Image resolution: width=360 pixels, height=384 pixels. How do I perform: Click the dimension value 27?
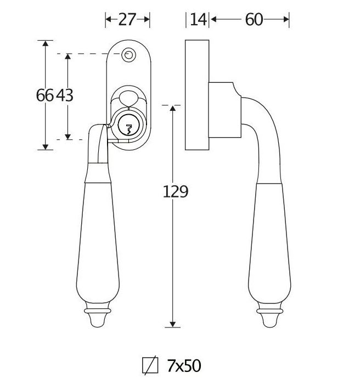[127, 19]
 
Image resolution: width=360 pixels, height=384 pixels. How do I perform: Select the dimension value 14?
[198, 19]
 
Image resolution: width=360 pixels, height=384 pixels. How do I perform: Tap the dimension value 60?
[254, 19]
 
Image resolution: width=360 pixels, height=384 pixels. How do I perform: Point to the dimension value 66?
[44, 95]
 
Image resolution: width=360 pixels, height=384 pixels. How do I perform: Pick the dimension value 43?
[64, 95]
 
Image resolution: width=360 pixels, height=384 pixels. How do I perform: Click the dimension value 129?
[176, 191]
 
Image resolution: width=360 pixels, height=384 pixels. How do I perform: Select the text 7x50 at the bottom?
[184, 366]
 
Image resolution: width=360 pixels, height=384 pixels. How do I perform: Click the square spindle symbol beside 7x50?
[150, 365]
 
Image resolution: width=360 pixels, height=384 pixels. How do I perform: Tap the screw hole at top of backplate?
[128, 55]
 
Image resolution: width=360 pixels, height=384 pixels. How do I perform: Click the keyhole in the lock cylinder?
[128, 129]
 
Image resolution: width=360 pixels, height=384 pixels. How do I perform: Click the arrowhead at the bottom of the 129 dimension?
[173, 324]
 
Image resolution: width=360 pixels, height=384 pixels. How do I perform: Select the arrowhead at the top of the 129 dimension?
[173, 109]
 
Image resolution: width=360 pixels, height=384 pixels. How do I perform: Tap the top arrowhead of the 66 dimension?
[46, 43]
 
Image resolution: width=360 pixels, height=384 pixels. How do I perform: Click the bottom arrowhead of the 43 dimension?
[68, 137]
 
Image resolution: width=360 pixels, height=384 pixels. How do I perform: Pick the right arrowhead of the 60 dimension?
[286, 19]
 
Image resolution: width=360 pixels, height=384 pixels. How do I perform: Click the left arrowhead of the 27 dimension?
[108, 19]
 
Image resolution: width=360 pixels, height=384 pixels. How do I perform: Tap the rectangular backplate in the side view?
[197, 95]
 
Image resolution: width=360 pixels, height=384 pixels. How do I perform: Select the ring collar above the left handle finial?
[98, 311]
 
